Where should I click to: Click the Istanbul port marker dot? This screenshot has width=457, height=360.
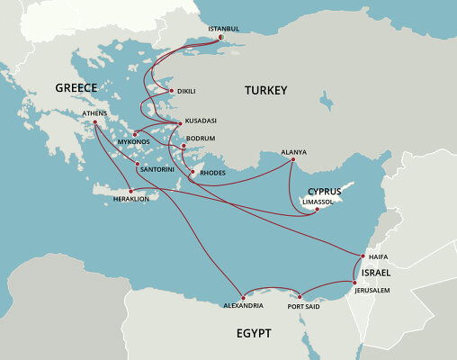click(221, 37)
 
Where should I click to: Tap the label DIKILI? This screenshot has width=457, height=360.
click(186, 91)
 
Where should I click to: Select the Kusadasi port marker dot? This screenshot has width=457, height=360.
click(180, 121)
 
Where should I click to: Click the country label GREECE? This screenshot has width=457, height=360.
click(76, 87)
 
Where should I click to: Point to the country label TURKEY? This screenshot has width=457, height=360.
click(265, 91)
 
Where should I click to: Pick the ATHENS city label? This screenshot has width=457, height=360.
click(94, 113)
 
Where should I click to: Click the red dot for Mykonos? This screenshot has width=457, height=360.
click(135, 134)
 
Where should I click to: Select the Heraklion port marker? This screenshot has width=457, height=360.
click(131, 191)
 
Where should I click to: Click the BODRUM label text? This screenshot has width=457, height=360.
click(202, 139)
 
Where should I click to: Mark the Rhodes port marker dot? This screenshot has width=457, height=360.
click(191, 171)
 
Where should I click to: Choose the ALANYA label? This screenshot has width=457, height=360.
click(294, 151)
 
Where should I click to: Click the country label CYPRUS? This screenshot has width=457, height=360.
click(325, 191)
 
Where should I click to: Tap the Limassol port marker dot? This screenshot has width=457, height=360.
click(315, 211)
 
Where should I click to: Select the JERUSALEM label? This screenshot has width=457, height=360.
click(372, 290)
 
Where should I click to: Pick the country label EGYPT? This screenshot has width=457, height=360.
click(254, 333)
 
